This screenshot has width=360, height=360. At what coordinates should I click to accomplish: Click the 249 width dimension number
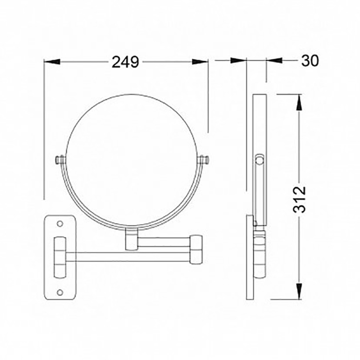(125, 62)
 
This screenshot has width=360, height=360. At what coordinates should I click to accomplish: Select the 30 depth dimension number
(310, 61)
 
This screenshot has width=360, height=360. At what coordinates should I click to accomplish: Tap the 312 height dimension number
(300, 200)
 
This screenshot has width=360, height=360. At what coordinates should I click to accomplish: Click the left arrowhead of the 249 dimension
(52, 62)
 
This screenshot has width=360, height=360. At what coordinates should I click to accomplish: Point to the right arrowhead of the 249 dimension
(200, 62)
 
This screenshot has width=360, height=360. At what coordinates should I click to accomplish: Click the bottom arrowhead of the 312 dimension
(299, 291)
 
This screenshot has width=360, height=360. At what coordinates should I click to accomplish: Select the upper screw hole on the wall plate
(60, 223)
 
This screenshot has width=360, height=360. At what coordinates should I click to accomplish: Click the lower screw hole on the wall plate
(60, 292)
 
